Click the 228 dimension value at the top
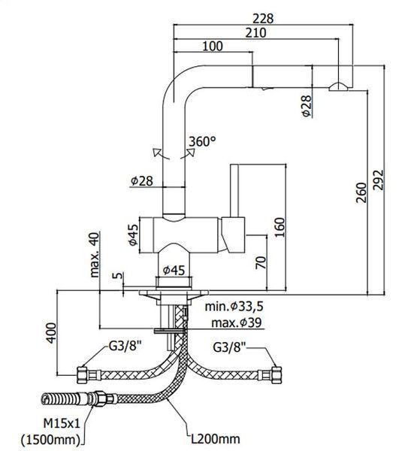pos(263,19)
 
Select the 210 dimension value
pos(255,33)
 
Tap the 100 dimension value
pos(213,46)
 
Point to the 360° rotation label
pos(202,141)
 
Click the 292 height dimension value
pos(379,180)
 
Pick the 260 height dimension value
pos(361,192)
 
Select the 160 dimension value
pos(280,227)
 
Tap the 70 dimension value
pos(261,262)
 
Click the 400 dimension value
pos(52,333)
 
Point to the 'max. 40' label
pos(95,255)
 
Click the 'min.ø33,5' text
pos(234,307)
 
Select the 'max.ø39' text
pos(237,322)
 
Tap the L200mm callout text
pos(216,439)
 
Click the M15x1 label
pos(62,423)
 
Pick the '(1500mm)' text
pos(50,439)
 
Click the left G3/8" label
pos(125,346)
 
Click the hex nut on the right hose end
pos(277,374)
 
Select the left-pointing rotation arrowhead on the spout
pos(157,152)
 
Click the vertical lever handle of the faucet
pos(234,190)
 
